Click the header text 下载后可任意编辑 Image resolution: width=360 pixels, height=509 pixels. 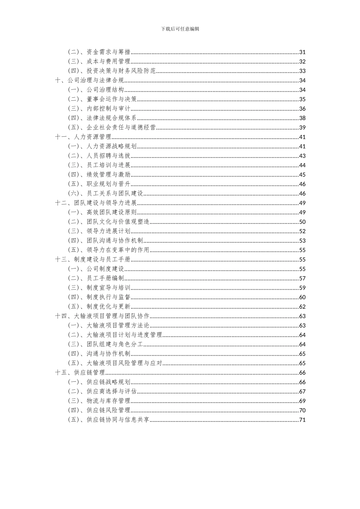[180, 29]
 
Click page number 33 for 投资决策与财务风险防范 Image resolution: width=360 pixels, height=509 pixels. [302, 71]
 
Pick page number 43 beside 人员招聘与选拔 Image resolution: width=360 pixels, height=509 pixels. [302, 156]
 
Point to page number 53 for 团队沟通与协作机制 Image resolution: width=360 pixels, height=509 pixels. [302, 241]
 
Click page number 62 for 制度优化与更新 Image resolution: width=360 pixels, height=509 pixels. [302, 307]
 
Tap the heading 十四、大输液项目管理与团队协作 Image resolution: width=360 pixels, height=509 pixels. [102, 316]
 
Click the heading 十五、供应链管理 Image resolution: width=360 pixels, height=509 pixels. [80, 373]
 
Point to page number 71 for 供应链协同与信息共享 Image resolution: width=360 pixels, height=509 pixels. [302, 420]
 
